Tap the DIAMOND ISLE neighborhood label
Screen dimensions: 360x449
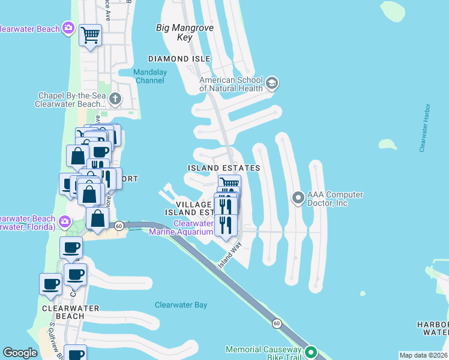(179, 59)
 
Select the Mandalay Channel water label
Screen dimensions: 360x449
(149, 76)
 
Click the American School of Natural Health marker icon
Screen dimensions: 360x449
(271, 83)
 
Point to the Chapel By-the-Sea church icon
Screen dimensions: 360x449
(115, 98)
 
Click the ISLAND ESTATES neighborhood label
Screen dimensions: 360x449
(223, 168)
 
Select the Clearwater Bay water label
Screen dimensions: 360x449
(181, 305)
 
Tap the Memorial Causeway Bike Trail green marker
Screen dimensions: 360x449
(310, 352)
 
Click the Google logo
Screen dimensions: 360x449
(20, 353)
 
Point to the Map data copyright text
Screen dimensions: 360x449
(423, 355)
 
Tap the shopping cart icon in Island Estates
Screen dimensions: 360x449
(228, 182)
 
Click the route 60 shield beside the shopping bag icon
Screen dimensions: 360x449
(119, 226)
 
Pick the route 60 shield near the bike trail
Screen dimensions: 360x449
(276, 323)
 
